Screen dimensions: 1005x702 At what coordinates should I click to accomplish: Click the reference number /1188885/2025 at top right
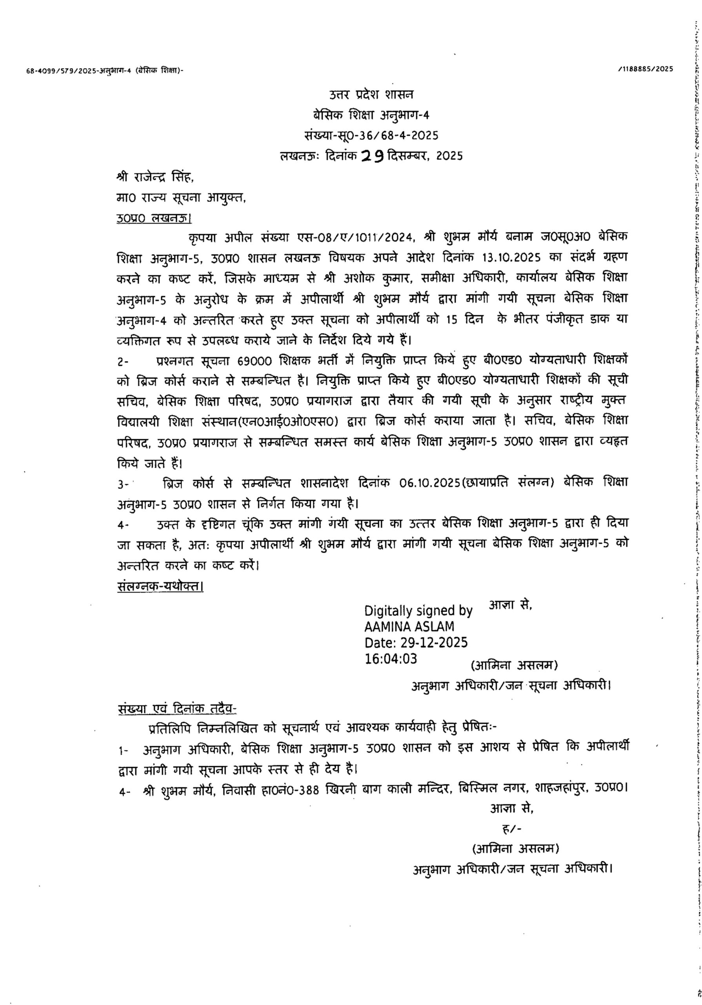(646, 68)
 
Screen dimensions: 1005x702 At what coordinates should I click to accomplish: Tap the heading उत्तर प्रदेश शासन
(371, 94)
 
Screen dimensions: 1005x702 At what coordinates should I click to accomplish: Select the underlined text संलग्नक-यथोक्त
(160, 586)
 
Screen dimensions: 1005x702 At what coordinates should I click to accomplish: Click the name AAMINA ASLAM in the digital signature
(409, 627)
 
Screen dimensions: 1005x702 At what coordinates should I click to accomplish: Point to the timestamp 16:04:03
(391, 659)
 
